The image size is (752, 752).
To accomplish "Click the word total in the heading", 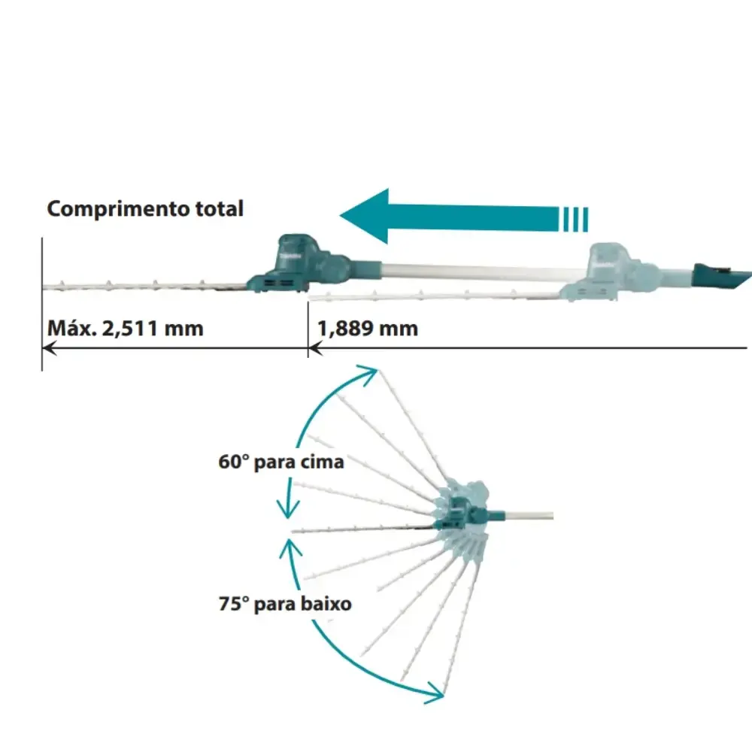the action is tap(220, 208).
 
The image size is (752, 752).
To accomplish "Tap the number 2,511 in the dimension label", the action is tap(130, 329).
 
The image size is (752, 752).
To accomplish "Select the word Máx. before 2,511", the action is tap(71, 329).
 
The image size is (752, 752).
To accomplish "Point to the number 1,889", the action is tap(345, 329).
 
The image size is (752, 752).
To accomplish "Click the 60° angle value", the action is tap(234, 462).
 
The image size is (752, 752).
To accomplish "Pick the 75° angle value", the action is tap(234, 603).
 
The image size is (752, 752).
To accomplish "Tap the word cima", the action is tap(322, 462).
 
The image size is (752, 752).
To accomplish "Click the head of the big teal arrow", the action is tap(365, 216).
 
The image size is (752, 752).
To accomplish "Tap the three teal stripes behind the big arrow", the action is tap(574, 219).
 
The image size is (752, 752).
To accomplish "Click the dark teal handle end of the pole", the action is tap(722, 277).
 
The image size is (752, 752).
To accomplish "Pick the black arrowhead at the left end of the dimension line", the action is tap(50, 347).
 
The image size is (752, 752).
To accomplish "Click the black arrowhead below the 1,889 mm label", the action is tap(315, 348).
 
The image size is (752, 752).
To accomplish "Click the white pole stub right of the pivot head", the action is tap(529, 516).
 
